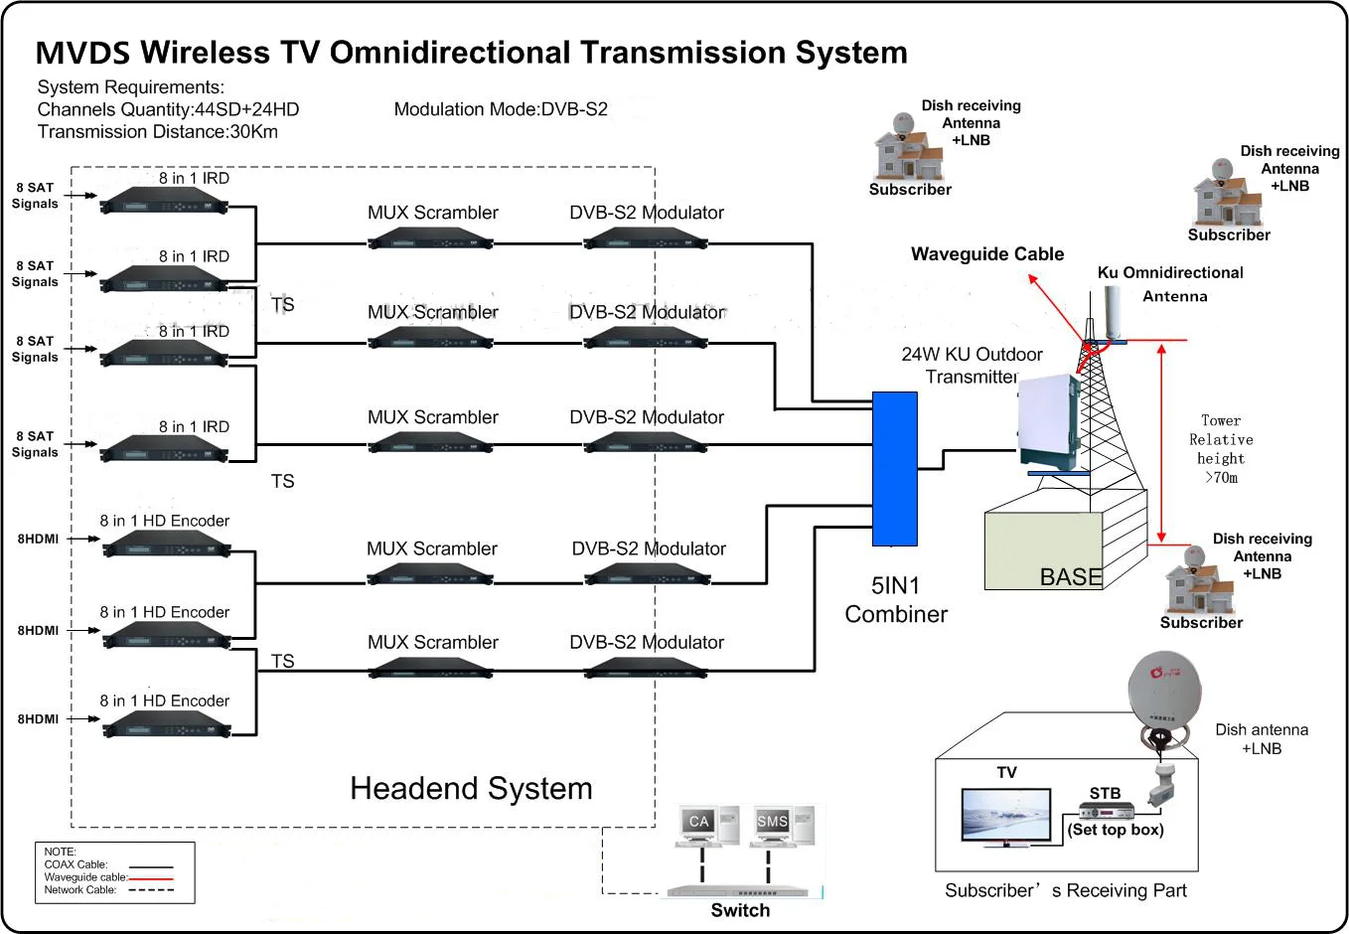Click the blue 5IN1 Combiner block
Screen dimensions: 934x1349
[x=894, y=468]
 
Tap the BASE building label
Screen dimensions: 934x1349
[x=1070, y=577]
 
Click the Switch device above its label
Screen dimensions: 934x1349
[x=739, y=890]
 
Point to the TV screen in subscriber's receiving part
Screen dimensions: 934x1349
[x=1005, y=816]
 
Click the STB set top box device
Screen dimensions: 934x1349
[x=1106, y=810]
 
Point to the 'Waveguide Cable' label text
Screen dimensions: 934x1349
[x=986, y=254]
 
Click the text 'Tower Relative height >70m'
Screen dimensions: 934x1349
[x=1221, y=449]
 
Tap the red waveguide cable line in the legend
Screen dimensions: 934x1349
[x=151, y=878]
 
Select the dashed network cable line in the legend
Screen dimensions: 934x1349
[x=151, y=890]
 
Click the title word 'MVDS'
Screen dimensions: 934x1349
[x=82, y=53]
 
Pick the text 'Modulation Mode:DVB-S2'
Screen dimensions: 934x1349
[x=501, y=109]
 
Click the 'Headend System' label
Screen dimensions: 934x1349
[x=471, y=788]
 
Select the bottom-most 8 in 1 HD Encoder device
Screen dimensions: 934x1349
[x=166, y=725]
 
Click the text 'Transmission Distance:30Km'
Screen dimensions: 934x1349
[x=157, y=132]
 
